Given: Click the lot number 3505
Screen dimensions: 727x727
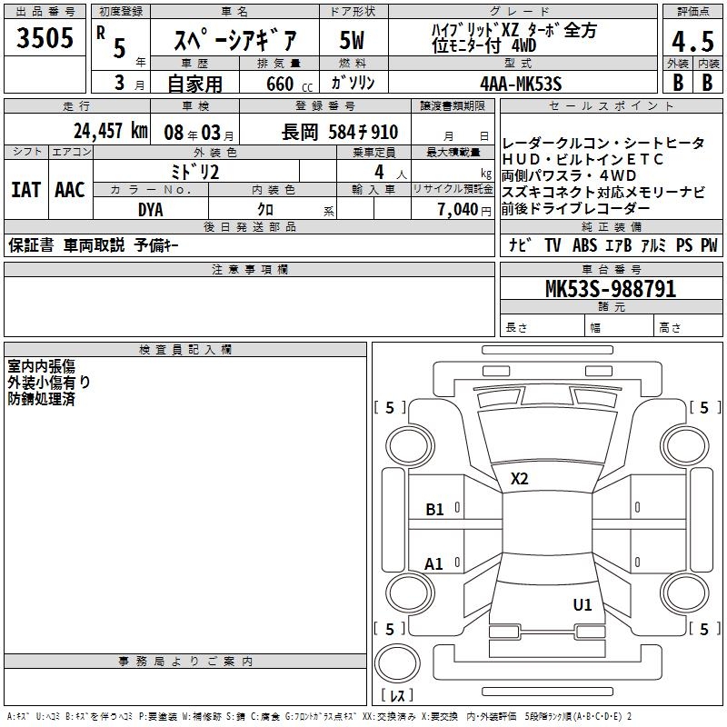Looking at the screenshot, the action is (x=45, y=37).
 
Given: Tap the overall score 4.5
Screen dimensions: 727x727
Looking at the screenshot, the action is (x=693, y=41).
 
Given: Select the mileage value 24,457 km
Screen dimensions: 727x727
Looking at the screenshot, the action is (x=111, y=131).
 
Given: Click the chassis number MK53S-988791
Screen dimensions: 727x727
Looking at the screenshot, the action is (x=611, y=288).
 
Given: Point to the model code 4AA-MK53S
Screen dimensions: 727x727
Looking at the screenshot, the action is (x=521, y=84).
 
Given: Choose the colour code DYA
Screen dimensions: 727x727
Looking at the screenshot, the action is (x=151, y=210).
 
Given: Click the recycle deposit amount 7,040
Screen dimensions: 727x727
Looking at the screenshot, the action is (x=458, y=210).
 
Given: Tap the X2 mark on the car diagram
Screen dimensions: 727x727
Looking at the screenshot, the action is (x=519, y=479).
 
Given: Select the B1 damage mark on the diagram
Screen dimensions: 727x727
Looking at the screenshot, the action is (x=434, y=510).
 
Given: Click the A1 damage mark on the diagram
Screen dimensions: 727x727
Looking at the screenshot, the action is (x=433, y=564).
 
